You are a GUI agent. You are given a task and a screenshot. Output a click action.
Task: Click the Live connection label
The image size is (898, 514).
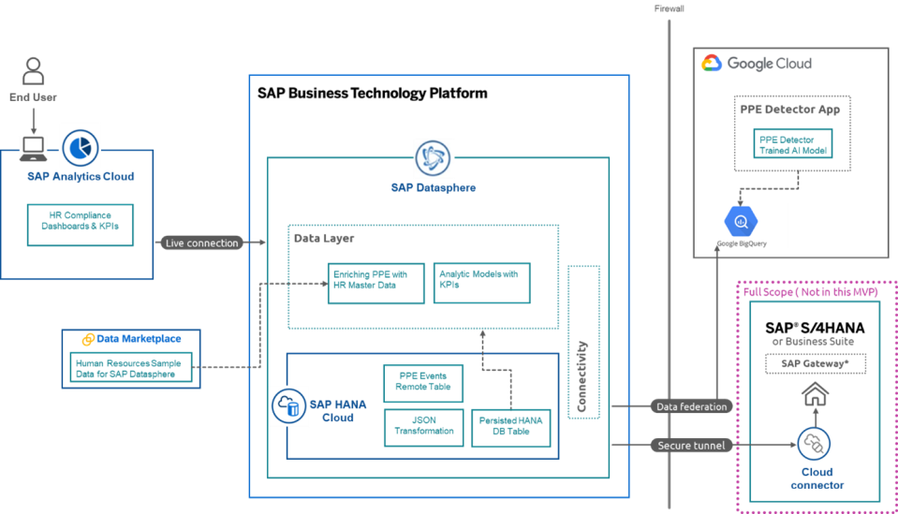tap(202, 242)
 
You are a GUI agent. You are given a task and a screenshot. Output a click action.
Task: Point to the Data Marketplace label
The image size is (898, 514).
tap(131, 339)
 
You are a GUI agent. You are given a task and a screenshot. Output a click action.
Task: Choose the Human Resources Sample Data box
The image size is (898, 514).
tap(132, 367)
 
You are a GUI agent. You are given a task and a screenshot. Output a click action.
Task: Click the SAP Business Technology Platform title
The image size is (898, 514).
tap(372, 95)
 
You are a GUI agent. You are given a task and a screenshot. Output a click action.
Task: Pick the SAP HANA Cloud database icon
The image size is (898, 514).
tap(289, 406)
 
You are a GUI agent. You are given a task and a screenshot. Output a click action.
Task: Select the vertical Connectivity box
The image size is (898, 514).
tap(582, 343)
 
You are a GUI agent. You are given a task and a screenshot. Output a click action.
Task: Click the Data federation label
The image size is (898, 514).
tap(691, 406)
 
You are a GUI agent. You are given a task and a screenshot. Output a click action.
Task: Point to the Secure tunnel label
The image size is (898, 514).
tap(691, 446)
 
